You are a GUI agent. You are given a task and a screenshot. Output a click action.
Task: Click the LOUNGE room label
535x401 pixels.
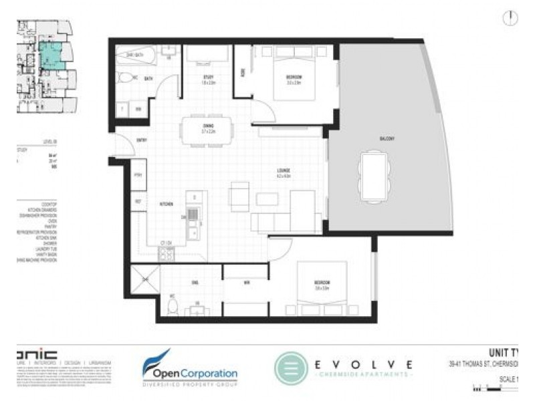(284, 173)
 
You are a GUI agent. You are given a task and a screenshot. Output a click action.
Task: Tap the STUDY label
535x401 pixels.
(209, 78)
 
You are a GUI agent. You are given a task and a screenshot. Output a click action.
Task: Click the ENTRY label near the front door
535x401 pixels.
(142, 140)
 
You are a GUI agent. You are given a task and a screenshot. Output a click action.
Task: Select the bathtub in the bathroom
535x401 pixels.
(136, 55)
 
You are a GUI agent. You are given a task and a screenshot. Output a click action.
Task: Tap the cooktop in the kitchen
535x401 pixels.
(165, 253)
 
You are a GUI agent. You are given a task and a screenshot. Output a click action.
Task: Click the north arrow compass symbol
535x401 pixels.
(511, 18)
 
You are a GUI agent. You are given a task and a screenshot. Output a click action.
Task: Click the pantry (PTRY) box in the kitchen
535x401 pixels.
(138, 175)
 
